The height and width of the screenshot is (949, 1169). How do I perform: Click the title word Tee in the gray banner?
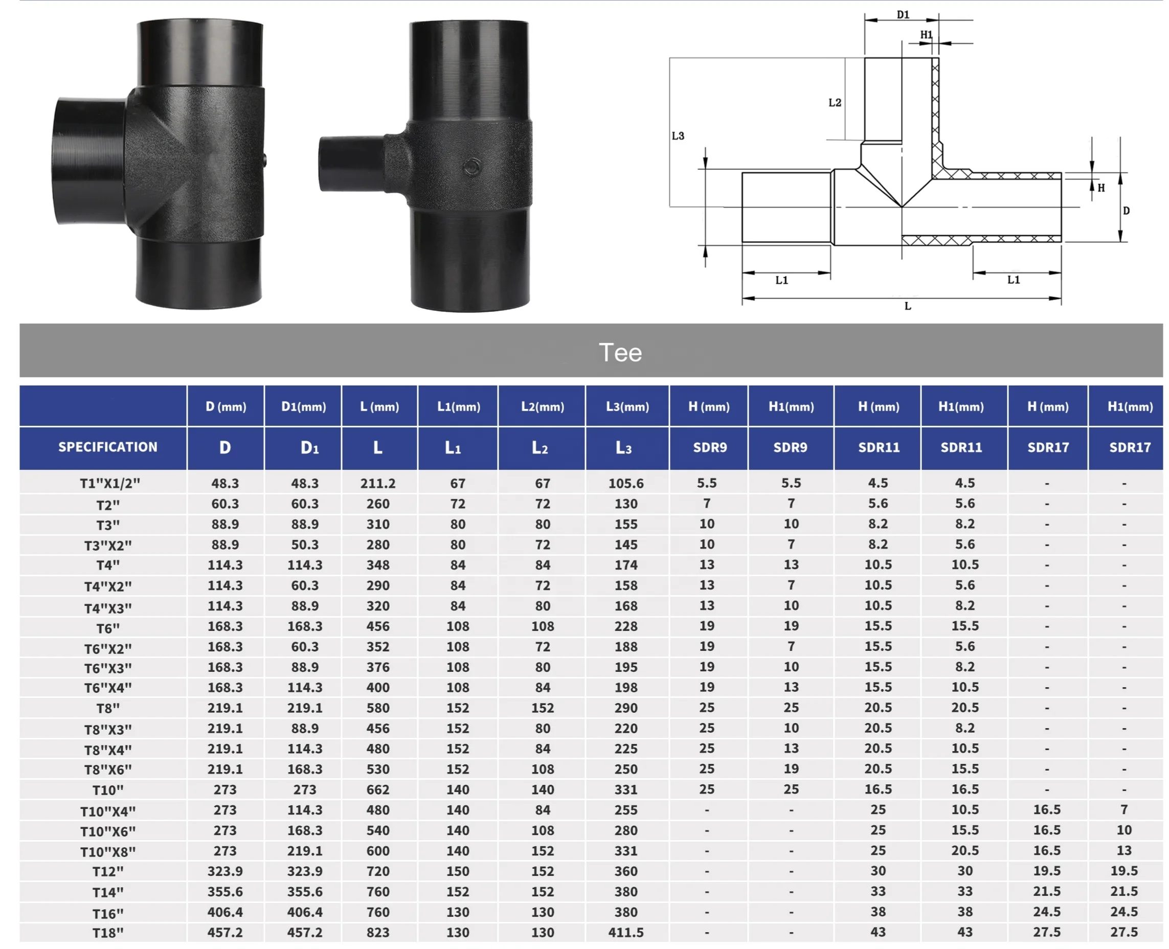[619, 353]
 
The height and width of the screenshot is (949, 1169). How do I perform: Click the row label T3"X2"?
[108, 545]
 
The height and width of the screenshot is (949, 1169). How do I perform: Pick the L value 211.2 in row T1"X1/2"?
[378, 483]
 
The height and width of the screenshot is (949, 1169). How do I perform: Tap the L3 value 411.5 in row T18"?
[625, 932]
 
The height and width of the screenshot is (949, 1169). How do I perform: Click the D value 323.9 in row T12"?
[224, 871]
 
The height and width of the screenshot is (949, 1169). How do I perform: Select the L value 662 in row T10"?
[378, 789]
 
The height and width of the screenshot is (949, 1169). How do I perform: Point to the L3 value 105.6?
[625, 483]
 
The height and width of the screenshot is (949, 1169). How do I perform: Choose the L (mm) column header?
[379, 406]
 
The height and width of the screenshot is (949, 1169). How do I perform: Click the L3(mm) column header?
[626, 406]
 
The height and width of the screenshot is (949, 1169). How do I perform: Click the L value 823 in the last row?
[378, 932]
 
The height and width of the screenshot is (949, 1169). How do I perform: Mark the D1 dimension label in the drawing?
[903, 15]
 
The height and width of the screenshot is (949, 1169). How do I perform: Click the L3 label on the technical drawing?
[678, 135]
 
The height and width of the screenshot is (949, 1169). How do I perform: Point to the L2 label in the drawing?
[835, 102]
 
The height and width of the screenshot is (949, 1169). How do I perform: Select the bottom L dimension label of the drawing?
[907, 306]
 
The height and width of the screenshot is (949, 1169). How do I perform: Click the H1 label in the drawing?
[926, 34]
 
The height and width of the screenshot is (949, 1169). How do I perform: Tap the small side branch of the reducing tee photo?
[350, 164]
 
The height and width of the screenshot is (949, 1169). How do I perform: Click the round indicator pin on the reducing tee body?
[473, 167]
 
